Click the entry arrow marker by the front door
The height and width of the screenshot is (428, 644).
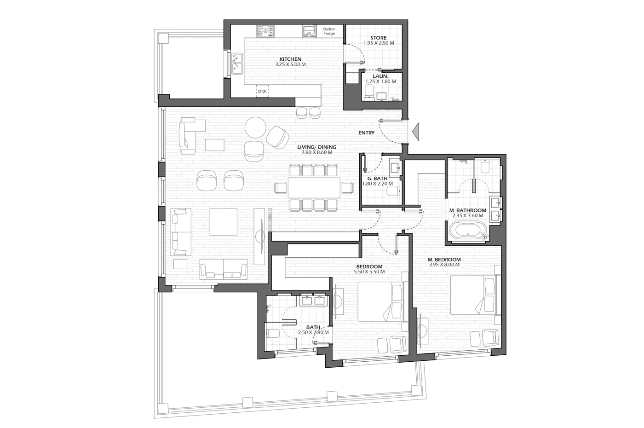(x=416, y=132)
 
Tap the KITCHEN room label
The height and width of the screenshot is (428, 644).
(x=290, y=59)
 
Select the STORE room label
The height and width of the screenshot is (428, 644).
(x=378, y=38)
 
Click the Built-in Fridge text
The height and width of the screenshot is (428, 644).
(x=329, y=31)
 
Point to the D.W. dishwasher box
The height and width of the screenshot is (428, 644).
(x=263, y=91)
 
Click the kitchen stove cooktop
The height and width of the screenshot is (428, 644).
(x=265, y=31)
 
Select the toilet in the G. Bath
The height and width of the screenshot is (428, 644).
(x=393, y=191)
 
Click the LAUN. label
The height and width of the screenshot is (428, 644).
(x=380, y=76)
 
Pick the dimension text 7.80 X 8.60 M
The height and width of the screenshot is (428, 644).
(x=317, y=152)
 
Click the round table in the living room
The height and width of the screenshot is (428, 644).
(x=255, y=127)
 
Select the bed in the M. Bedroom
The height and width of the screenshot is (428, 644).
(x=473, y=295)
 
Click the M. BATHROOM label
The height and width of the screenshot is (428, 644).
(x=468, y=210)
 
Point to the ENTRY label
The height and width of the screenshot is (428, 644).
(x=366, y=133)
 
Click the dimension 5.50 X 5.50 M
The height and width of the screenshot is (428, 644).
(x=369, y=272)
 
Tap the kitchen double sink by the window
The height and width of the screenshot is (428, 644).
(x=237, y=64)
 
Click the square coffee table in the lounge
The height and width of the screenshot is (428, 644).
(x=224, y=222)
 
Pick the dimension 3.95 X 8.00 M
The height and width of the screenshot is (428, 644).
(x=444, y=265)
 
